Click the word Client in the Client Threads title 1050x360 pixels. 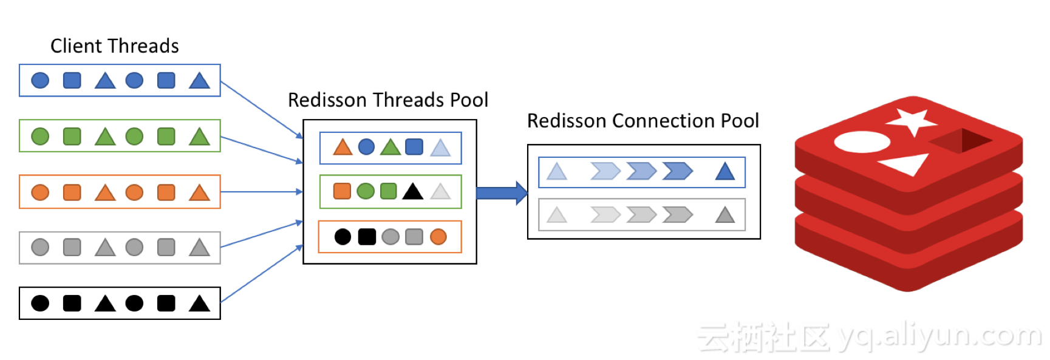coord(77,46)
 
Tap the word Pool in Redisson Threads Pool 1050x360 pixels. coord(469,100)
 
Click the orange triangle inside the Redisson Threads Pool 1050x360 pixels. coord(343,147)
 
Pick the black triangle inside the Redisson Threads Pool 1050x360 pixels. coord(413,192)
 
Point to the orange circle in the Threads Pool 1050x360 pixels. coord(438,237)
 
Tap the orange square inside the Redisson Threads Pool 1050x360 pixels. coord(342,191)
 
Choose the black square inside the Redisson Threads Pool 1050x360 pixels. coord(367,237)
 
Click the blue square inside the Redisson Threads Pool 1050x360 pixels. coord(414,147)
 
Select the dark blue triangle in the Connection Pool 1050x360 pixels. coord(725,172)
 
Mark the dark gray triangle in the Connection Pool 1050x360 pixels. coord(725,215)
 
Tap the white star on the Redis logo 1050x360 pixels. coord(910,121)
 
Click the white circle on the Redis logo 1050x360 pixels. coord(862,143)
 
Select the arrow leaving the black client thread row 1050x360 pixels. coord(261,274)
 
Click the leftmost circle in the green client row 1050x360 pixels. coord(40,137)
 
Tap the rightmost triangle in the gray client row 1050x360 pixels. coord(199,248)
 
